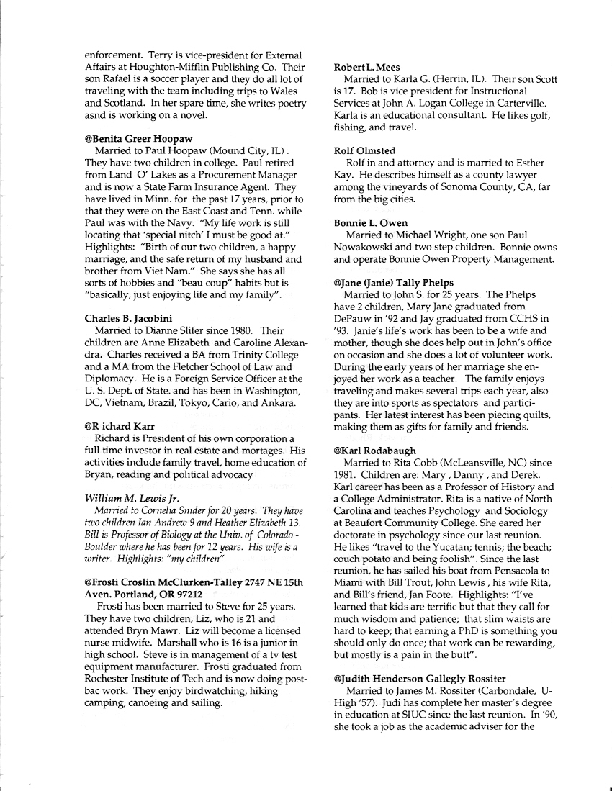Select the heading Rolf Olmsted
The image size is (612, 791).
[x=364, y=150]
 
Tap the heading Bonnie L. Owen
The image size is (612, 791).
[x=371, y=223]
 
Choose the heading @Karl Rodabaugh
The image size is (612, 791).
[x=375, y=451]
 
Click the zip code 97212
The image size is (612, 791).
[x=186, y=595]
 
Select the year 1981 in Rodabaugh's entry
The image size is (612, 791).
[x=348, y=475]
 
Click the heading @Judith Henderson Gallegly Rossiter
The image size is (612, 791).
[x=430, y=679]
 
